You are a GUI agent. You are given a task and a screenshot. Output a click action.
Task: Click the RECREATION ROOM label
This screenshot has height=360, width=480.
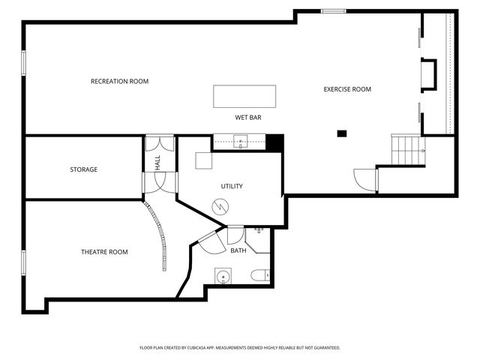pos(120,82)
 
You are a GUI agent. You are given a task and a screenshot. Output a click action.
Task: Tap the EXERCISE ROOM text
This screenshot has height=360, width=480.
pos(347,89)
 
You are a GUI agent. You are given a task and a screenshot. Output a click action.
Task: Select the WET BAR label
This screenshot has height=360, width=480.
pos(248,118)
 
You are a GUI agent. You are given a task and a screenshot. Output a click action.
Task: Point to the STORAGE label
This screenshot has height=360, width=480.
pos(83,169)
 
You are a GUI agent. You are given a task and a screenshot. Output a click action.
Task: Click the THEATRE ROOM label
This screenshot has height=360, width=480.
pos(104,252)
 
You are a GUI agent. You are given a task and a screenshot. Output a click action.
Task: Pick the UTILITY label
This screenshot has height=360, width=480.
pos(232,186)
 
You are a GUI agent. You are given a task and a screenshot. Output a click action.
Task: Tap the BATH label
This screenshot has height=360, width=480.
pos(238,250)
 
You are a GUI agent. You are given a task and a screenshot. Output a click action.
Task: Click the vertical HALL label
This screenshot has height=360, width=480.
pos(157,163)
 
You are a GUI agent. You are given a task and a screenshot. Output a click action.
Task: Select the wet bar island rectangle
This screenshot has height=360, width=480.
pos(244,97)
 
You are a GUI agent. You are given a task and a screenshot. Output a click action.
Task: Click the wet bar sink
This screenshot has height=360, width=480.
pos(241,142)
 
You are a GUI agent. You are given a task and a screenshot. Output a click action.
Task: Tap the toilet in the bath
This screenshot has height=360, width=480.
pos(260,275)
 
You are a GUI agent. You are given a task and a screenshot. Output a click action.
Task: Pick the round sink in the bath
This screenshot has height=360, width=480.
pos(223,276)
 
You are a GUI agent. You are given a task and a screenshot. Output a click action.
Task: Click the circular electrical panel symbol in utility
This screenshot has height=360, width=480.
pos(220,207)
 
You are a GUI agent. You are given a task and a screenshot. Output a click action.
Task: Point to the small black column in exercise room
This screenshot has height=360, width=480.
pos(342,133)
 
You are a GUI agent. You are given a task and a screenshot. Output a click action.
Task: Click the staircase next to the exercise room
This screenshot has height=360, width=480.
pos(408,150)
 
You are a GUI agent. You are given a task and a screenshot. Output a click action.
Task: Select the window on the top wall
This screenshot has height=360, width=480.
pos(334,11)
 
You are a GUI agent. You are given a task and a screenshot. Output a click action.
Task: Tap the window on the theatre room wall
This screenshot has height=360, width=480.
pos(23,262)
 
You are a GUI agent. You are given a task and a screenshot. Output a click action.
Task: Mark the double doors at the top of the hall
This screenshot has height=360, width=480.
pos(160,143)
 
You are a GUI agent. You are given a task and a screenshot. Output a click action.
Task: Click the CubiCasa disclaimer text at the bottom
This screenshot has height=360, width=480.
pos(240,348)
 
